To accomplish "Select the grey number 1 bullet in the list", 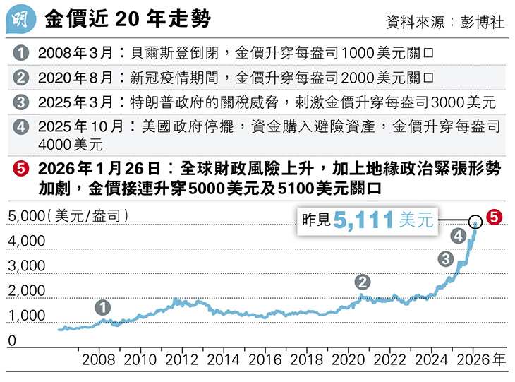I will (21, 53).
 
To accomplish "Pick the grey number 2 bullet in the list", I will (21, 77).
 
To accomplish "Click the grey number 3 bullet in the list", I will (21, 102).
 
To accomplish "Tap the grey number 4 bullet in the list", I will (21, 127).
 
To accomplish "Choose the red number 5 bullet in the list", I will (21, 169).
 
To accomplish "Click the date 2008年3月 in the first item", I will (77, 53).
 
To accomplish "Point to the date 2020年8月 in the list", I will (77, 77).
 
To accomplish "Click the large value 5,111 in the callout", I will (364, 220).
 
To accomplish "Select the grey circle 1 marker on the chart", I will (104, 307).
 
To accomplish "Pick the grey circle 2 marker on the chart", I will (363, 282).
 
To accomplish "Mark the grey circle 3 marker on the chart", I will (445, 258).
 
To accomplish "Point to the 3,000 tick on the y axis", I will (26, 266).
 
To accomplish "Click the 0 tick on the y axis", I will (12, 341).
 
